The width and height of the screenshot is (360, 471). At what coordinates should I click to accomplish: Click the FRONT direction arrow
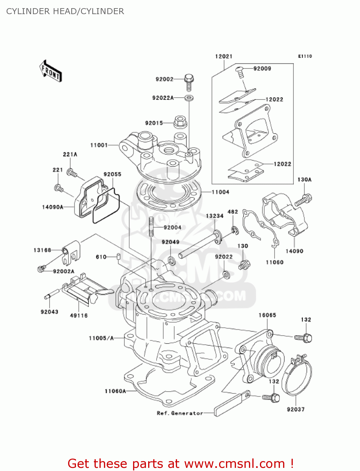pos(51,71)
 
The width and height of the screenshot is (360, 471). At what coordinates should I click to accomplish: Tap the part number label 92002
pos(164,79)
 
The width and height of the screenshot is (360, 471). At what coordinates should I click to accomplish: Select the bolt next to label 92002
pos(189,81)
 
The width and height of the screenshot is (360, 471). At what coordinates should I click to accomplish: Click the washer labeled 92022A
pos(189,98)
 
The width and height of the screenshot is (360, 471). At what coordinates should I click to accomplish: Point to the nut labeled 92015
pos(180,122)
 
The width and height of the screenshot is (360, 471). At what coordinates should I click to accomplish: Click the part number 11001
pos(99,145)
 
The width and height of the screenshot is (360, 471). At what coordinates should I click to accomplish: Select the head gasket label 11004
pos(220,192)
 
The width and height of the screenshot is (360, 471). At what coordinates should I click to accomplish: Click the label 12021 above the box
pos(223,57)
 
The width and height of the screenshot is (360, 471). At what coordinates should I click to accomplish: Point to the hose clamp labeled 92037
pos(297,375)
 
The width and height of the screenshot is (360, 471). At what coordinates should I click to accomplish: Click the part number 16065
pos(267,315)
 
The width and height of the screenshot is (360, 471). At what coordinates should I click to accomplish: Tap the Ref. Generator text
pos(180,413)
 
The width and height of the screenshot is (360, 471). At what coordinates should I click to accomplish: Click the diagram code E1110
pos(305,56)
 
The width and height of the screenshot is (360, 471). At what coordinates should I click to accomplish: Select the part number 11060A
pos(115,391)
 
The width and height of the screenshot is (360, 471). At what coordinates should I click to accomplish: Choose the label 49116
pos(79,315)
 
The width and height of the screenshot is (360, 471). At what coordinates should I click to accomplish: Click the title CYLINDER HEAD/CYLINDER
pos(65,11)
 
